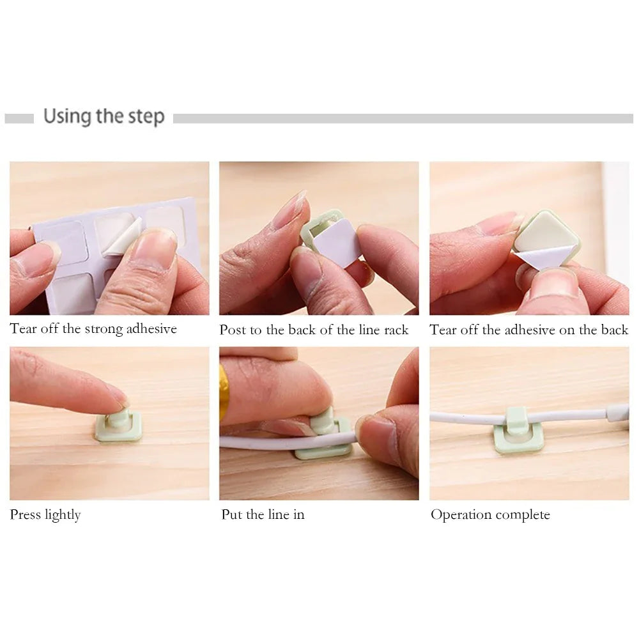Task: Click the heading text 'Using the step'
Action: [104, 117]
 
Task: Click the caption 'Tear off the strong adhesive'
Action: [93, 329]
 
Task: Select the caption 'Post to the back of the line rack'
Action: [314, 330]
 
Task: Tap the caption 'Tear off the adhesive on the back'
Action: [529, 330]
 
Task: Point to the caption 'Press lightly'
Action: [45, 514]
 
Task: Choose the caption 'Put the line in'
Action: [263, 514]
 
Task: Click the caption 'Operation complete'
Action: [490, 514]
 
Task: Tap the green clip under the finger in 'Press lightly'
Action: [119, 427]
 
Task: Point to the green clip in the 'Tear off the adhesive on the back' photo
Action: [547, 236]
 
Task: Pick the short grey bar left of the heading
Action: [19, 118]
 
